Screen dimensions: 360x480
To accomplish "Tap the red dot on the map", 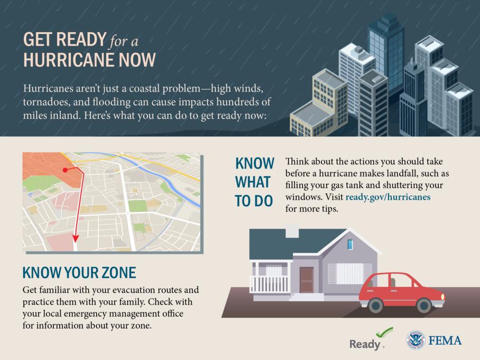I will (x=65, y=170).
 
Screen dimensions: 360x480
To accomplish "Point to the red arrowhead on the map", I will (x=75, y=239).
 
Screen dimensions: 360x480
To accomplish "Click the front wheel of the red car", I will (x=424, y=305).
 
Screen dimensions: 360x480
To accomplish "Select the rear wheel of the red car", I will (x=375, y=305).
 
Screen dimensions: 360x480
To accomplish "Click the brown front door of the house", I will (x=307, y=279).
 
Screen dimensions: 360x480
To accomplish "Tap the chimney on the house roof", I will (x=292, y=232).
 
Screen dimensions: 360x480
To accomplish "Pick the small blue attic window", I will (x=350, y=244).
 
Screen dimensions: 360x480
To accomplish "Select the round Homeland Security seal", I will (x=416, y=340).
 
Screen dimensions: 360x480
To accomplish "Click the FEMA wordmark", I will (x=445, y=340).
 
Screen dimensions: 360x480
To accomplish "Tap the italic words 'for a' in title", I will (x=124, y=40).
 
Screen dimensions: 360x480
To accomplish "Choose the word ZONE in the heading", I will (x=117, y=273).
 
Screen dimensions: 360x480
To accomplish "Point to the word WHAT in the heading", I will (x=253, y=182).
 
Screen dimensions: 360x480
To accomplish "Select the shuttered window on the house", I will (x=349, y=273).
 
